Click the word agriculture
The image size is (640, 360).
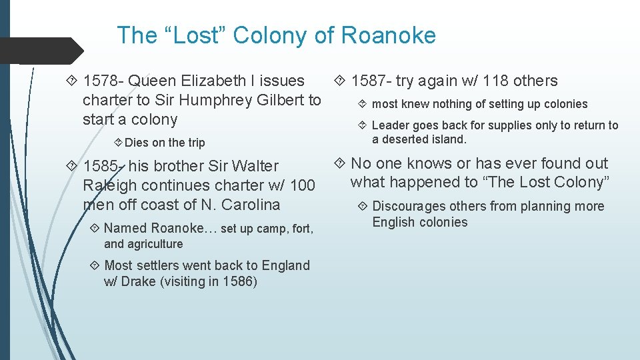pyautogui.click(x=152, y=244)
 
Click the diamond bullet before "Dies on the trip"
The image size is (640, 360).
pyautogui.click(x=118, y=143)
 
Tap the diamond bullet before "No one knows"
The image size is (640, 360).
pyautogui.click(x=340, y=163)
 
